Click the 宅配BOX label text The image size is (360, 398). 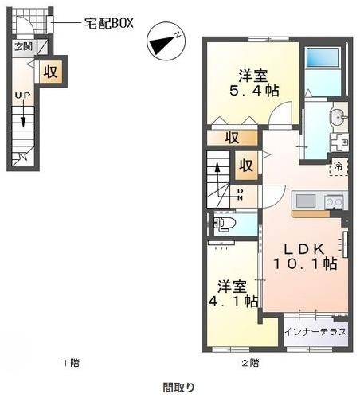(109, 23)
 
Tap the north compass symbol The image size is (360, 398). (166, 41)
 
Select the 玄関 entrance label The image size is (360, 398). (23, 47)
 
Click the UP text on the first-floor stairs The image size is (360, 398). (22, 95)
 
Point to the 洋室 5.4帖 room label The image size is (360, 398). (254, 83)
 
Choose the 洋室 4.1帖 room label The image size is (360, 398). (233, 294)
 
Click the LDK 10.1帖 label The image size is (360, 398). (305, 256)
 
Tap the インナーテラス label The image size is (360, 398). (315, 332)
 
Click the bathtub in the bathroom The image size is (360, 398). (323, 57)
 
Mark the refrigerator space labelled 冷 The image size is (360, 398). (338, 167)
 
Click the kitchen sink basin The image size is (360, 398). (306, 201)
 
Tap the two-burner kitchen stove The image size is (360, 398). (335, 202)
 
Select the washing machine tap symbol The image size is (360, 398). (338, 142)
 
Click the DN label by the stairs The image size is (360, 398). (240, 194)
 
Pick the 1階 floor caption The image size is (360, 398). (71, 363)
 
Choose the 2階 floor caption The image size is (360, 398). (250, 363)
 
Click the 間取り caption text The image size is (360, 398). (178, 388)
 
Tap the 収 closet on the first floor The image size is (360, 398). (50, 72)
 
